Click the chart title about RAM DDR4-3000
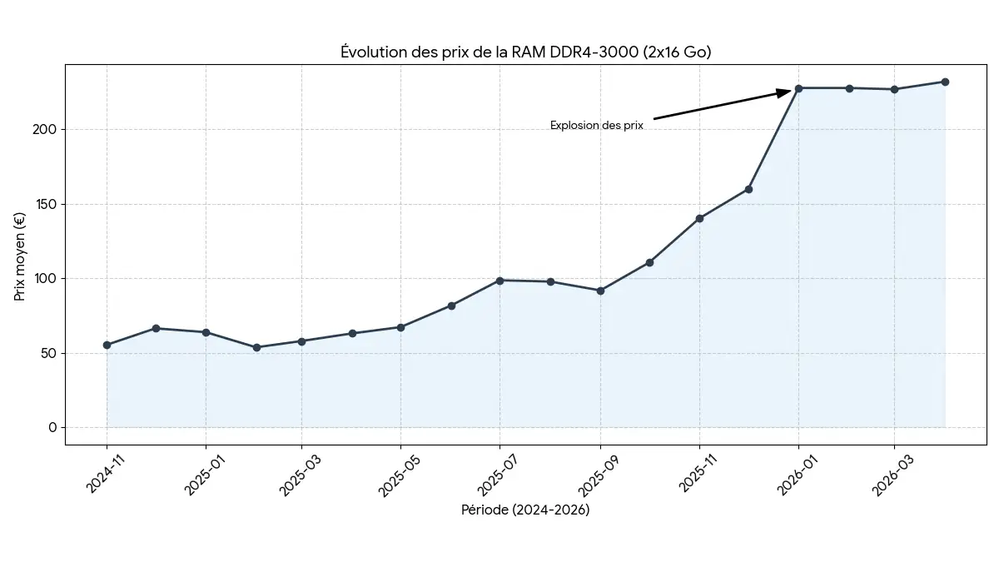coord(525,52)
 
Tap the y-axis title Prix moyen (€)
coord(21,256)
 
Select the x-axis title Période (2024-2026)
coord(525,510)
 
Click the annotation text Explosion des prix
coord(596,126)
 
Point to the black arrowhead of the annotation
coord(784,92)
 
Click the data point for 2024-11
coord(107,345)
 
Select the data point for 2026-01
coord(798,88)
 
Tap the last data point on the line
coord(945,82)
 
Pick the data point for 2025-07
coord(499,281)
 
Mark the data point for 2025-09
coord(600,291)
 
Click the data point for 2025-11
coord(699,218)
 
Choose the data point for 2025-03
coord(301,341)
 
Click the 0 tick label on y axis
coord(52,428)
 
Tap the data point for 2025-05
coord(400,327)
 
